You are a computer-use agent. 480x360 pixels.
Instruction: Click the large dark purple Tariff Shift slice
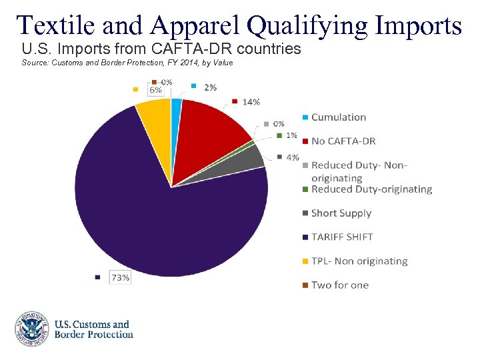[147, 213]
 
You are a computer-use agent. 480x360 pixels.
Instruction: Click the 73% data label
[120, 277]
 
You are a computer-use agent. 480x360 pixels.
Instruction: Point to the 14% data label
[251, 102]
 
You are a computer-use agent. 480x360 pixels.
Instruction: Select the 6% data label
[155, 90]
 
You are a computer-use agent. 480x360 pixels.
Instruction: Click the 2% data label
[210, 87]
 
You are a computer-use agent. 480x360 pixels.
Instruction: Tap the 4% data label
[292, 158]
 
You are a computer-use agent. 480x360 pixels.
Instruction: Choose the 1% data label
[291, 135]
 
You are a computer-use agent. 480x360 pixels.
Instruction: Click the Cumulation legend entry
[339, 117]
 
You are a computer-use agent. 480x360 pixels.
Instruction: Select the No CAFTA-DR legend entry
[343, 141]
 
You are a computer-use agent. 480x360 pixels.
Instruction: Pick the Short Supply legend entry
[341, 213]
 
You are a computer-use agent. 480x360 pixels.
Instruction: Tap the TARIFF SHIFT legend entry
[342, 237]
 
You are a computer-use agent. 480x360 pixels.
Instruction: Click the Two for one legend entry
[339, 285]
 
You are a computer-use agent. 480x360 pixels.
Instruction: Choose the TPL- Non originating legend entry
[359, 261]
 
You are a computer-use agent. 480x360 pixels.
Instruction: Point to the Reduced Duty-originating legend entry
[371, 189]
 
